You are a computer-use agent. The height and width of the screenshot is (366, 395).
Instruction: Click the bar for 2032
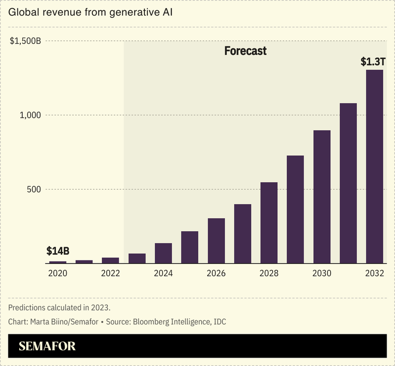pos(374,166)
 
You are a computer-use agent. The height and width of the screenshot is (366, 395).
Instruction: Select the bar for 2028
pos(269,223)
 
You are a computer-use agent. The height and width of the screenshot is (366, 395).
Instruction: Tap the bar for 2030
pos(322,197)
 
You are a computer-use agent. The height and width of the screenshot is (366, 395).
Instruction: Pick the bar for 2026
pos(216,241)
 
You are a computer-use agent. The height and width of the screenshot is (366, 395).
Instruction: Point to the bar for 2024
pos(163,253)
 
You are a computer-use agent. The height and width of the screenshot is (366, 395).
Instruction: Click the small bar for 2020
pos(58,262)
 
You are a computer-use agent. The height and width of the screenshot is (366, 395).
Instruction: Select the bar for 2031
pos(348,183)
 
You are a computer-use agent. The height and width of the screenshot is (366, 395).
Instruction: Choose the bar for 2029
pos(295,209)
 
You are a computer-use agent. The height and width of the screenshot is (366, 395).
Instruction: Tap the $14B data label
pos(58,251)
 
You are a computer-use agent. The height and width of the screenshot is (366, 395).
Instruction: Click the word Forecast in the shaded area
pos(245,51)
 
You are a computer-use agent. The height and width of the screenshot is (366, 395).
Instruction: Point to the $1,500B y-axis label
pos(25,41)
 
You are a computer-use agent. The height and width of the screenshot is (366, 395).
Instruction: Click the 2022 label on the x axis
pos(110,273)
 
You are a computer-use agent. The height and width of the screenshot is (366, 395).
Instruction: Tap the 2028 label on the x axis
pos(269,273)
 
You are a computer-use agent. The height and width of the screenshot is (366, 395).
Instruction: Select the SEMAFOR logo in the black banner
pos(47,346)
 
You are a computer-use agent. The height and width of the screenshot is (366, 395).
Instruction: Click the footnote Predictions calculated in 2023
pos(59,308)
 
